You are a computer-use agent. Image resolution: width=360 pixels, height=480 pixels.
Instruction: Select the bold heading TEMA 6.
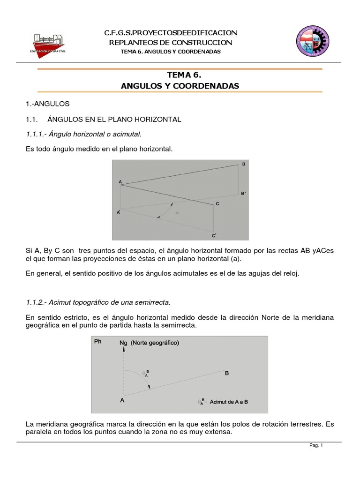[180, 75]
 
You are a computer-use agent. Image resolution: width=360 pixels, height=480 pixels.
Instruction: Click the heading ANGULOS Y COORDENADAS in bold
[180, 86]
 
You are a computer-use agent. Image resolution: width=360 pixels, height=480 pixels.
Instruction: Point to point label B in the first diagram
[243, 164]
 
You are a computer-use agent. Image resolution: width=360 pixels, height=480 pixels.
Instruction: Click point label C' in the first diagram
[214, 235]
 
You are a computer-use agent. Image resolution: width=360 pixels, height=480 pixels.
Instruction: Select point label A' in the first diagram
[119, 212]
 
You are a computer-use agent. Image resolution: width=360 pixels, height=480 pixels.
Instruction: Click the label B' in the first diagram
[244, 193]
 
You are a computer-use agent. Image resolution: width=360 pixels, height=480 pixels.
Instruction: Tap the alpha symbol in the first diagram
[177, 212]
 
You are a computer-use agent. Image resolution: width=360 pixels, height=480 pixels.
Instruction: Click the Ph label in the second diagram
[98, 342]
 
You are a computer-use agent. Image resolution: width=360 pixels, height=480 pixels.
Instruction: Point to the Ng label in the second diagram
[123, 343]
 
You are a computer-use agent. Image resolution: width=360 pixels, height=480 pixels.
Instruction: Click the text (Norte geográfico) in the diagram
[155, 343]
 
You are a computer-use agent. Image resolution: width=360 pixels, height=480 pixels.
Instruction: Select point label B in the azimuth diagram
[227, 373]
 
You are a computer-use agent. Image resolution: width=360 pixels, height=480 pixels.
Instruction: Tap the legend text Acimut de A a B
[229, 402]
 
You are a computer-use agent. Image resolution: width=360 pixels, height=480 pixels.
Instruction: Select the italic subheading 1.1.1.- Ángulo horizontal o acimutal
[83, 135]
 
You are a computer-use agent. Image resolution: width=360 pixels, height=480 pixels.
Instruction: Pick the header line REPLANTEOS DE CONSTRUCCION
[170, 42]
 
